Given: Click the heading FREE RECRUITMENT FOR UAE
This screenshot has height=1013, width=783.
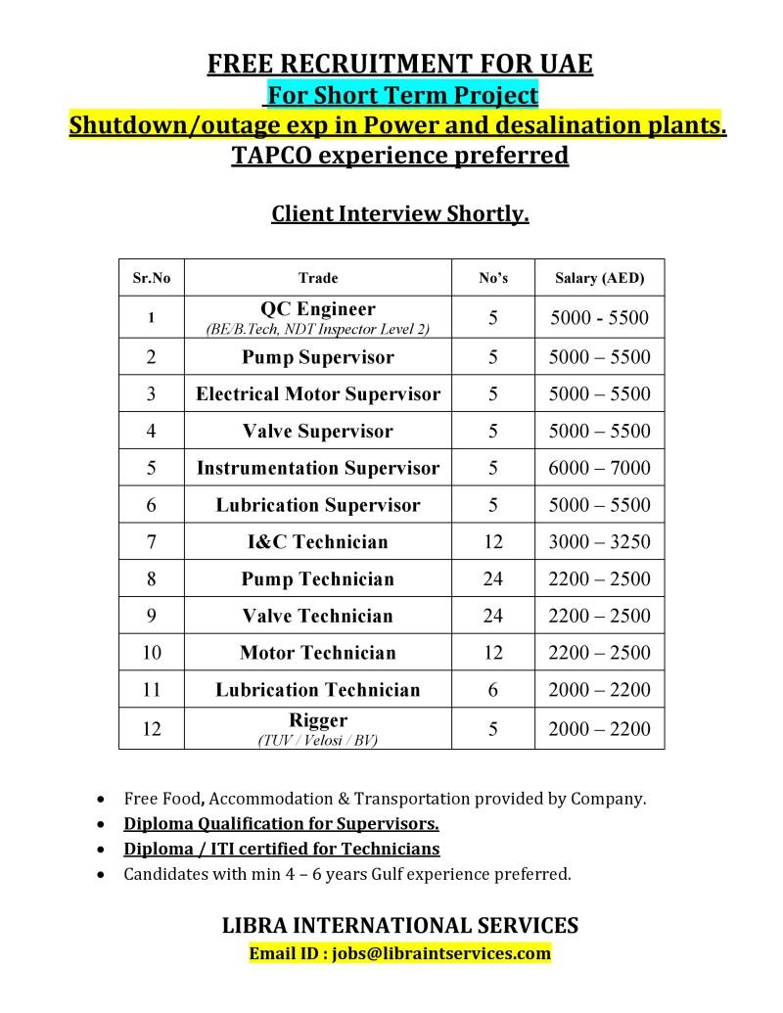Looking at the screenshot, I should pos(399,66).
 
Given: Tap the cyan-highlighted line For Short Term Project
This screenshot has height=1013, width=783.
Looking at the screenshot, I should pos(401,96).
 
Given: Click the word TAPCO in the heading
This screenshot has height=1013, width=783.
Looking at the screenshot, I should pos(269,156).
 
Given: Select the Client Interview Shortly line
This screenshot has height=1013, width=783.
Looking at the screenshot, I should pos(399,214).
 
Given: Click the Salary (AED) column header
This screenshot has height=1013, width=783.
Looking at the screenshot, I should pos(599,278).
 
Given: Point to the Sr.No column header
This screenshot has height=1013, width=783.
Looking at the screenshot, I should pos(152,278).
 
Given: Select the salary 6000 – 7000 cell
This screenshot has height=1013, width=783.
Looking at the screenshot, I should pos(599,468).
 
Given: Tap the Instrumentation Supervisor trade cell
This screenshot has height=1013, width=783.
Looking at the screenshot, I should pos(318,468).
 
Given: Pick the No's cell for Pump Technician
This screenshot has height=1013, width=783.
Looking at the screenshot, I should pos(492,578).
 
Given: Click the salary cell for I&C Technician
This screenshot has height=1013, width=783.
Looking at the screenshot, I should pos(599,542).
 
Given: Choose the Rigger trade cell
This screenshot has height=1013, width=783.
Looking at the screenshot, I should pos(318,729).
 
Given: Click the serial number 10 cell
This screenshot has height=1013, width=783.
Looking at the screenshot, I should pos(152,653).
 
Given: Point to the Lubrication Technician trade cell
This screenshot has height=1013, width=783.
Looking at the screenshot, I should pos(318,690).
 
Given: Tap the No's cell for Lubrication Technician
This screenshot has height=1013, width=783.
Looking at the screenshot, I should pos(492,690).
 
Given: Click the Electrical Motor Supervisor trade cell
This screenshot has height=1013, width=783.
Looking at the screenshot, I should pos(318,394).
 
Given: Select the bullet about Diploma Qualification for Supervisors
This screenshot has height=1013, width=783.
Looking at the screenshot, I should pos(281,824).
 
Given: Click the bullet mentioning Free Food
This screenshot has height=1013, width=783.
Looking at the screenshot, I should pos(385,799).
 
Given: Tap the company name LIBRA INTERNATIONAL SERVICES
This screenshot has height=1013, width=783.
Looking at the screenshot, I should pos(399,925).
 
